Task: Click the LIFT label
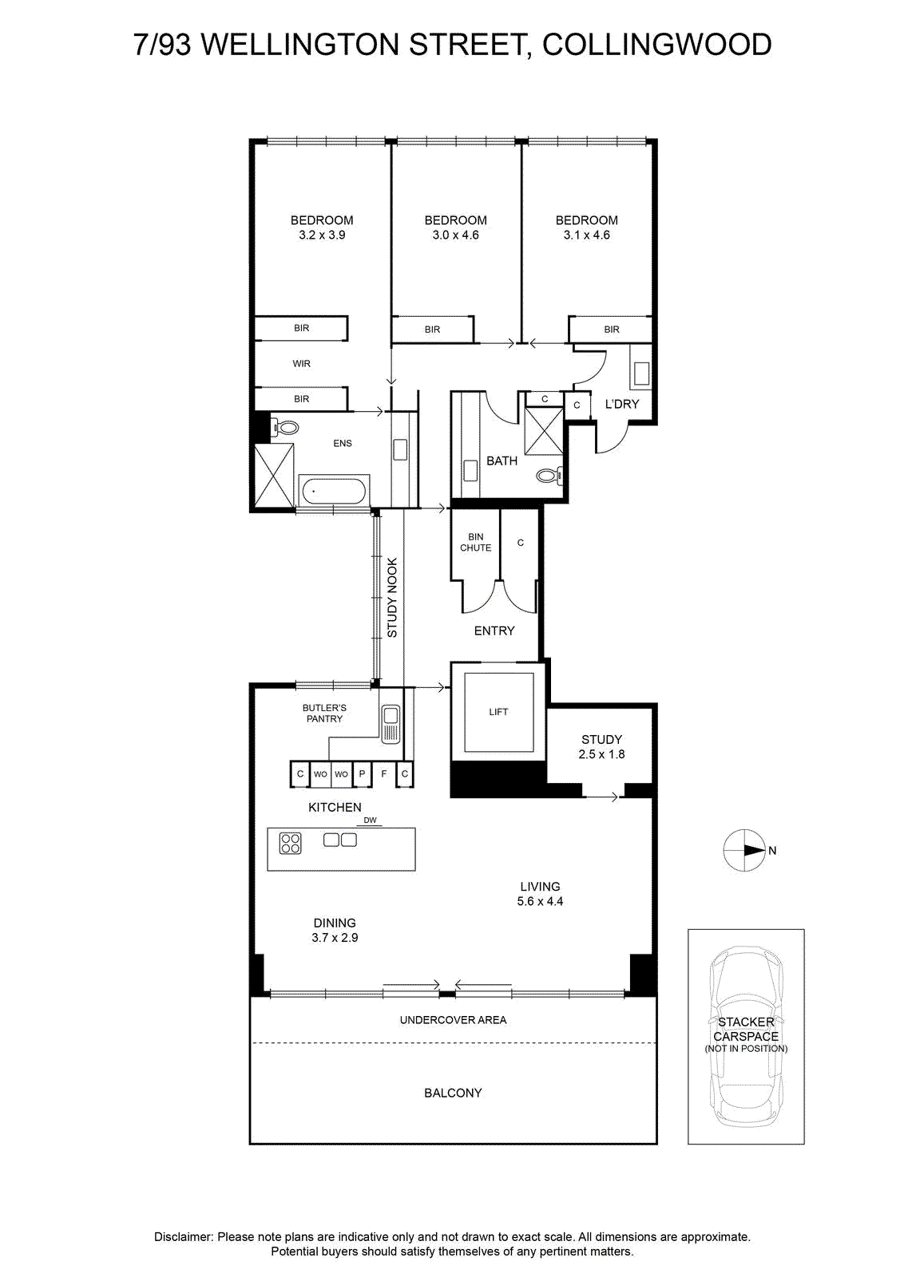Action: click(498, 711)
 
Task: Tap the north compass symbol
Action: click(744, 850)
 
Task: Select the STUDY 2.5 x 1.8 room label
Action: click(601, 747)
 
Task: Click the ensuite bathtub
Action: click(334, 491)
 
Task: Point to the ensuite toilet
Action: click(284, 428)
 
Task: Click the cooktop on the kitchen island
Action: click(290, 843)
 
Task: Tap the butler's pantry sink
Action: click(391, 724)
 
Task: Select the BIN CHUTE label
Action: click(476, 542)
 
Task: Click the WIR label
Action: click(301, 363)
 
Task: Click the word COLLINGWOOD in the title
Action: click(657, 45)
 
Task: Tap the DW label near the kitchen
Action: click(371, 820)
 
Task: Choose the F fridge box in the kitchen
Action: click(384, 773)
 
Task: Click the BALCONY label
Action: click(453, 1093)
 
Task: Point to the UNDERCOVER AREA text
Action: click(453, 1020)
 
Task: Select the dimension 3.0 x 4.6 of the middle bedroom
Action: click(455, 235)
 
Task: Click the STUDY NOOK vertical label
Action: click(392, 598)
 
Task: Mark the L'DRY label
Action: click(621, 404)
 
